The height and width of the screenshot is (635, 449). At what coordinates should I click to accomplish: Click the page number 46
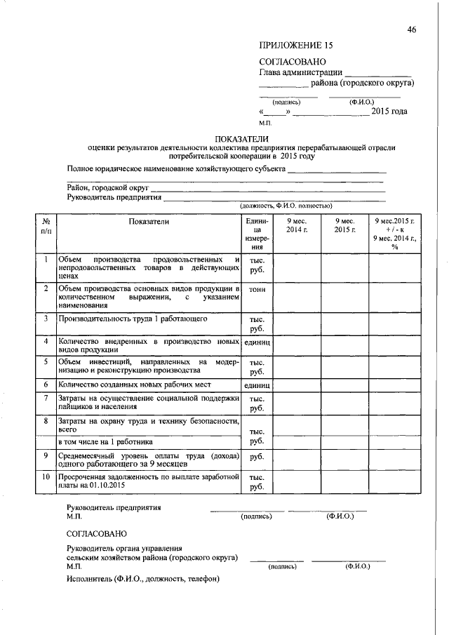click(x=412, y=29)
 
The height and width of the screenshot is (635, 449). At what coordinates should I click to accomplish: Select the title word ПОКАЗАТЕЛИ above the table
click(x=241, y=138)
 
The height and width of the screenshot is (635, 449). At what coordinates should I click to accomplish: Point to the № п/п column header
click(x=46, y=225)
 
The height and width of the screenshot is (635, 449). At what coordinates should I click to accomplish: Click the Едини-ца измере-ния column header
click(x=257, y=234)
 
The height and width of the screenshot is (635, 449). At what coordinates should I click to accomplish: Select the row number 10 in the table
click(x=46, y=477)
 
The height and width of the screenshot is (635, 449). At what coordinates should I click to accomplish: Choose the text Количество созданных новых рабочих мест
click(x=135, y=385)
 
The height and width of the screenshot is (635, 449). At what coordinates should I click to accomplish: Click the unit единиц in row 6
click(x=257, y=385)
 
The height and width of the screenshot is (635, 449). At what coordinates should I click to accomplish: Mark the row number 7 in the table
click(x=46, y=398)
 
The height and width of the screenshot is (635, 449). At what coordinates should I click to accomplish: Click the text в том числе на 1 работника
click(x=106, y=441)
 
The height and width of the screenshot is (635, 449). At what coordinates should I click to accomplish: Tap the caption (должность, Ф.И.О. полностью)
click(x=285, y=206)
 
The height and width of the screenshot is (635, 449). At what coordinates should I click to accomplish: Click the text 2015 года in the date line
click(x=389, y=112)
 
